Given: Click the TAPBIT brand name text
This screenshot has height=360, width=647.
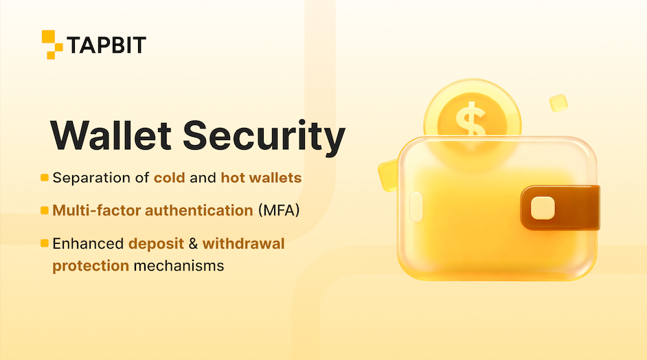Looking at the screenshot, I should point(106,45).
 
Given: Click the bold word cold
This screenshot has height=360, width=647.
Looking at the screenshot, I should point(170,178).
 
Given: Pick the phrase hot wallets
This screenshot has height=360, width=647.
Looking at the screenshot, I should point(261,178).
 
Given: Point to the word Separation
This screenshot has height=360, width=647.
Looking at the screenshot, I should point(92,178).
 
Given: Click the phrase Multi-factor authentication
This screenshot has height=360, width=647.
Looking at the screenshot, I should point(152,210).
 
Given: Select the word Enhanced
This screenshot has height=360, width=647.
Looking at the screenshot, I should point(88,243).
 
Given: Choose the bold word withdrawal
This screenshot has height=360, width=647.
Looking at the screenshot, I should point(243,243).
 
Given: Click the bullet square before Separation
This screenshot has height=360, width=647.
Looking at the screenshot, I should point(45,178).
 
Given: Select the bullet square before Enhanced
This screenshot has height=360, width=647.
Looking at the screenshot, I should point(45,243).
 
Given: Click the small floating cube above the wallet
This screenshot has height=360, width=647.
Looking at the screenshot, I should point(558,103).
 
